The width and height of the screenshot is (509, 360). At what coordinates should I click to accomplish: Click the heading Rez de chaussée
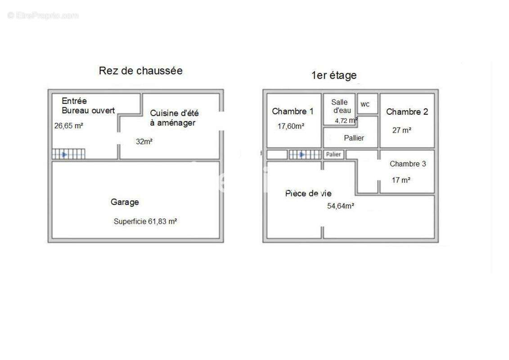click(140, 71)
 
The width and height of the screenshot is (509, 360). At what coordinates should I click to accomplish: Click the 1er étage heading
click(334, 75)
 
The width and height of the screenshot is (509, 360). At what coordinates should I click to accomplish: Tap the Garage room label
click(125, 202)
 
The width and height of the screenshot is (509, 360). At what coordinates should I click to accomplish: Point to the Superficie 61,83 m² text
click(145, 221)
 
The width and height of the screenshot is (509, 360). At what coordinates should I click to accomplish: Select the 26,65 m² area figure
click(69, 126)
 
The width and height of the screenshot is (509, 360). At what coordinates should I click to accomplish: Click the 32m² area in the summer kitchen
click(144, 142)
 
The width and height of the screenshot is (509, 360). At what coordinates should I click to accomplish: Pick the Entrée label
click(74, 101)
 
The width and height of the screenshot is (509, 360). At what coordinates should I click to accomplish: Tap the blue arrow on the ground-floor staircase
click(64, 154)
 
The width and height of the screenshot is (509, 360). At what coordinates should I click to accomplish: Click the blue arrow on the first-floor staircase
click(302, 154)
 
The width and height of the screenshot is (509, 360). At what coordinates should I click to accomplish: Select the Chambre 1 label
click(293, 111)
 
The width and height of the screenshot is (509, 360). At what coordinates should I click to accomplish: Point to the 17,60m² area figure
click(291, 126)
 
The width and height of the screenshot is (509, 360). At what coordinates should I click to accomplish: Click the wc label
click(365, 104)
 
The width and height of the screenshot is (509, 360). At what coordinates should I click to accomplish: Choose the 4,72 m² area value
click(347, 121)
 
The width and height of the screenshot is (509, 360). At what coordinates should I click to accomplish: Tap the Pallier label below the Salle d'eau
click(354, 138)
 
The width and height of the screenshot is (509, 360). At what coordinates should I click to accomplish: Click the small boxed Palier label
click(333, 154)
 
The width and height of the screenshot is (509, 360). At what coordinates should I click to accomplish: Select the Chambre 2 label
click(407, 112)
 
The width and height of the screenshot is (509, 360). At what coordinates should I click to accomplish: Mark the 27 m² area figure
click(402, 130)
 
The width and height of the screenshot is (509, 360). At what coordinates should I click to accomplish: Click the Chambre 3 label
click(408, 164)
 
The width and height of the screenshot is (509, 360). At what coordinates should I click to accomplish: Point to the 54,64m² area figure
click(341, 206)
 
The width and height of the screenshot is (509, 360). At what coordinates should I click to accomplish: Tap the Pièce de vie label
click(308, 193)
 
